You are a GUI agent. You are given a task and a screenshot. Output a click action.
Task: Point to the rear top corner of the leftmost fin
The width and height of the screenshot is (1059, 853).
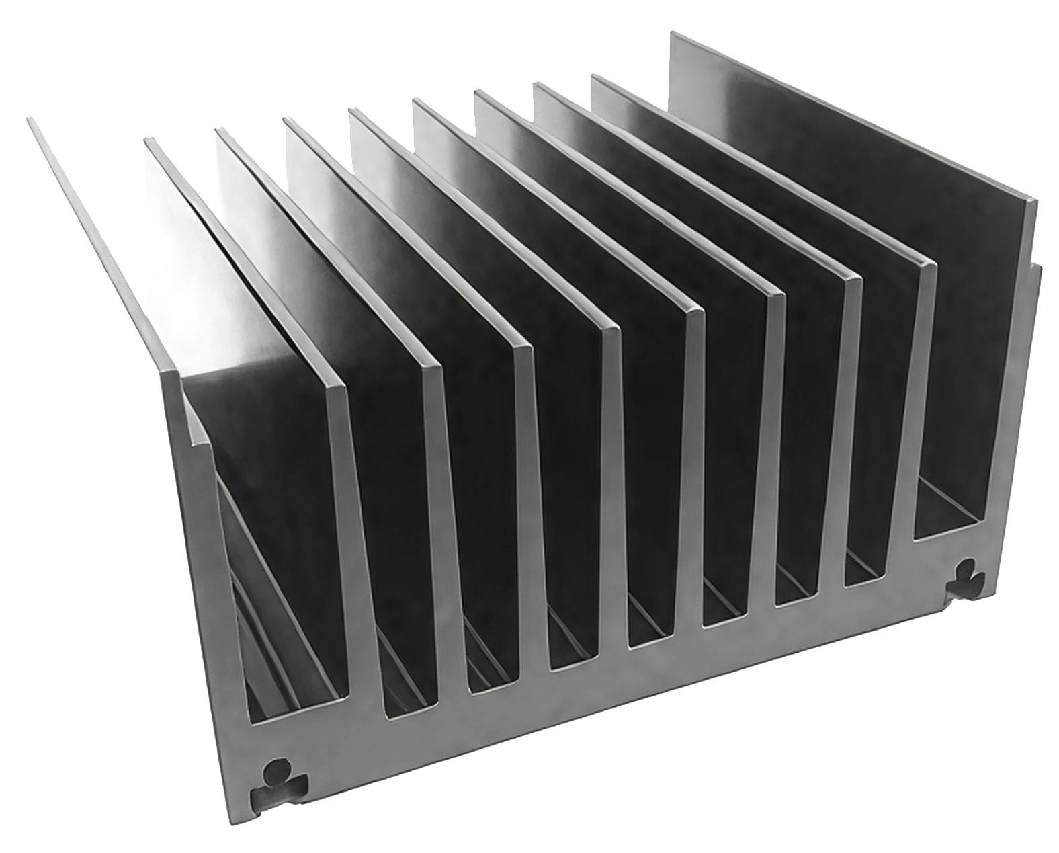[x=29, y=120]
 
